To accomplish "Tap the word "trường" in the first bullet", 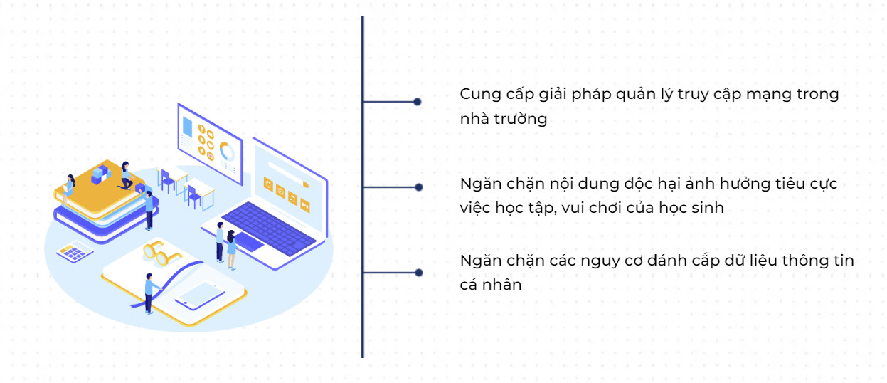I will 523,119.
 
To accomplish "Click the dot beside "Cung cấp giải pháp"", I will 418,102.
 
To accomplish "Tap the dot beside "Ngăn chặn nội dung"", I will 419,187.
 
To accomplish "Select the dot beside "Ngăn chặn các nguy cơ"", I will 419,273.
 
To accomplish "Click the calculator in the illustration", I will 75,252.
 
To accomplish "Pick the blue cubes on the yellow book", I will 100,174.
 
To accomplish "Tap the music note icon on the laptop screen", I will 292,199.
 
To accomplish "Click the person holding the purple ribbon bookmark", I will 149,293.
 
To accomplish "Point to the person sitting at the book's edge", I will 70,187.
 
